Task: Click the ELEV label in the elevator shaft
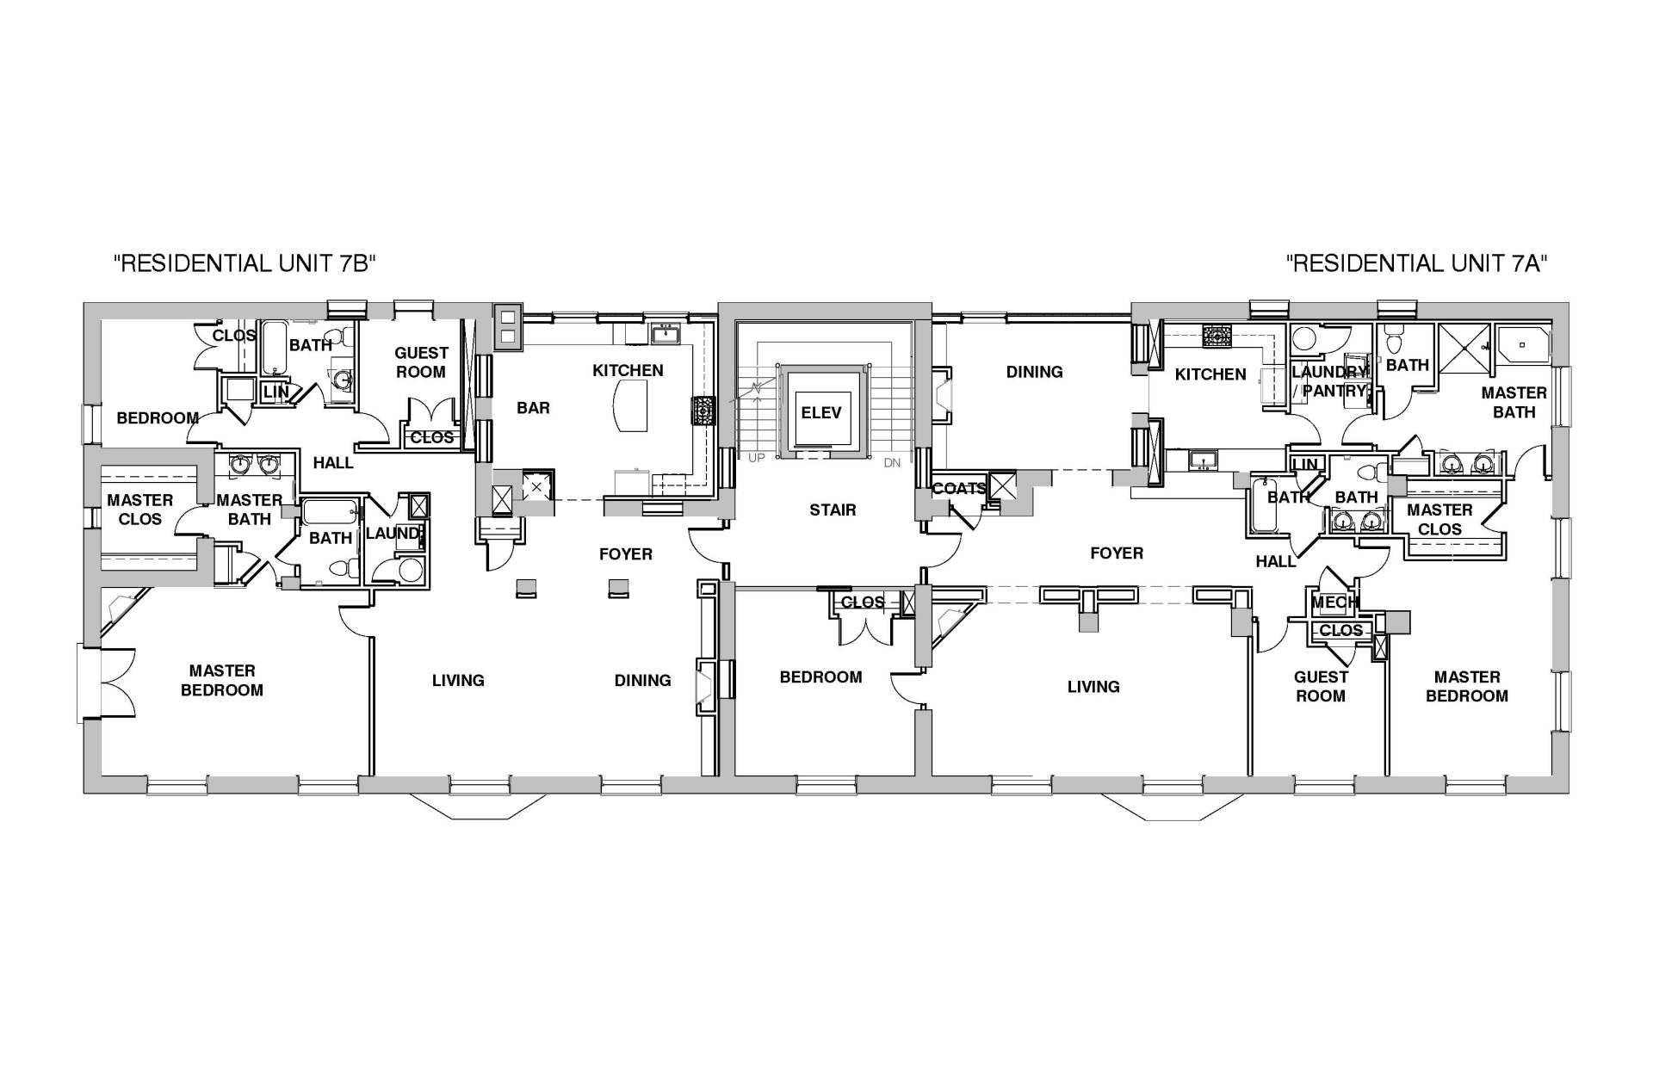click(820, 413)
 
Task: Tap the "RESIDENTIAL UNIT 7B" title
click(246, 263)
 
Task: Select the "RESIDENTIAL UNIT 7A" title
click(1417, 263)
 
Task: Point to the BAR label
click(533, 408)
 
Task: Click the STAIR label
click(833, 510)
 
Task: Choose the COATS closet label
click(959, 489)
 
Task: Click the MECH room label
click(1334, 603)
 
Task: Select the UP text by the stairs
click(756, 458)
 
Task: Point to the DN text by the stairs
click(892, 463)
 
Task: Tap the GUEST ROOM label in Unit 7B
click(421, 362)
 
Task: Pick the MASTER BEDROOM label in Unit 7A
click(1467, 687)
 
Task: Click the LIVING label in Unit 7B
click(458, 681)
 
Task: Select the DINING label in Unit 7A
click(1034, 372)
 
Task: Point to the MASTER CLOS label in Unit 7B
click(140, 510)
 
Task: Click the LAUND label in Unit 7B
click(393, 534)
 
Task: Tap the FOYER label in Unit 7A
click(1117, 553)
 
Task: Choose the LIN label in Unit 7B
click(275, 392)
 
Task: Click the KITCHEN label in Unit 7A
click(1210, 374)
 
